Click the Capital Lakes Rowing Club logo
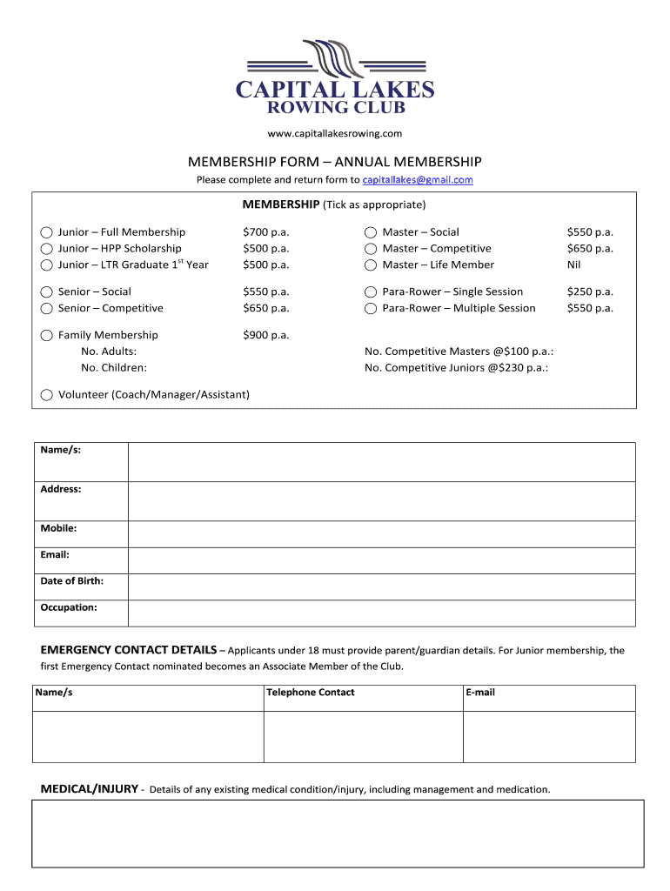pos(335,77)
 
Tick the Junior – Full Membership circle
pos(47,232)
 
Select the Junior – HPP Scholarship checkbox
pos(47,249)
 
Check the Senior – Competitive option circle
pos(47,308)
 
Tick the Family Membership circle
pos(47,335)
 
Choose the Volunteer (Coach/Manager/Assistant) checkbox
pos(47,395)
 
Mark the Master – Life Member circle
pos(371,265)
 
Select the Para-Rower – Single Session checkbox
pos(371,292)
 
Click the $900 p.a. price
pos(265,335)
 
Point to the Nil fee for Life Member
pos(573,265)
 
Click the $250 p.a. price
pos(590,291)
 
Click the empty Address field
pos(381,501)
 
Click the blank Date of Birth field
pos(381,586)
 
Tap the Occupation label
pos(69,607)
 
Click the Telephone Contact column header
pos(311,693)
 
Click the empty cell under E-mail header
pos(549,736)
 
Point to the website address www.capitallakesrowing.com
pos(335,133)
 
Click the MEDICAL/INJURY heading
pos(90,789)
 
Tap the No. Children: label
pos(114,368)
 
